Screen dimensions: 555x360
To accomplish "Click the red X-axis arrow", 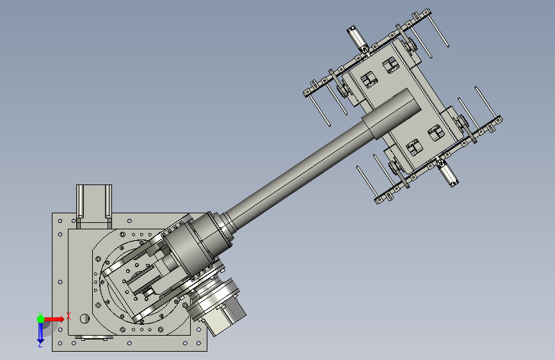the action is click(54, 319).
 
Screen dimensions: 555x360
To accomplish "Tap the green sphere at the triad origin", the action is click(40, 319).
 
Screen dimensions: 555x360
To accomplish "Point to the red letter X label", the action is click(68, 316).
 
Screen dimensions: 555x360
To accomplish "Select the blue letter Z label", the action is click(40, 345).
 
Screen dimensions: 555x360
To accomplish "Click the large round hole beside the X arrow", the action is click(84, 318).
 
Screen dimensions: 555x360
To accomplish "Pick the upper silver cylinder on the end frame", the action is click(357, 38).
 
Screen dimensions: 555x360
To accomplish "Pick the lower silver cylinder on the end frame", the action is click(447, 173).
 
